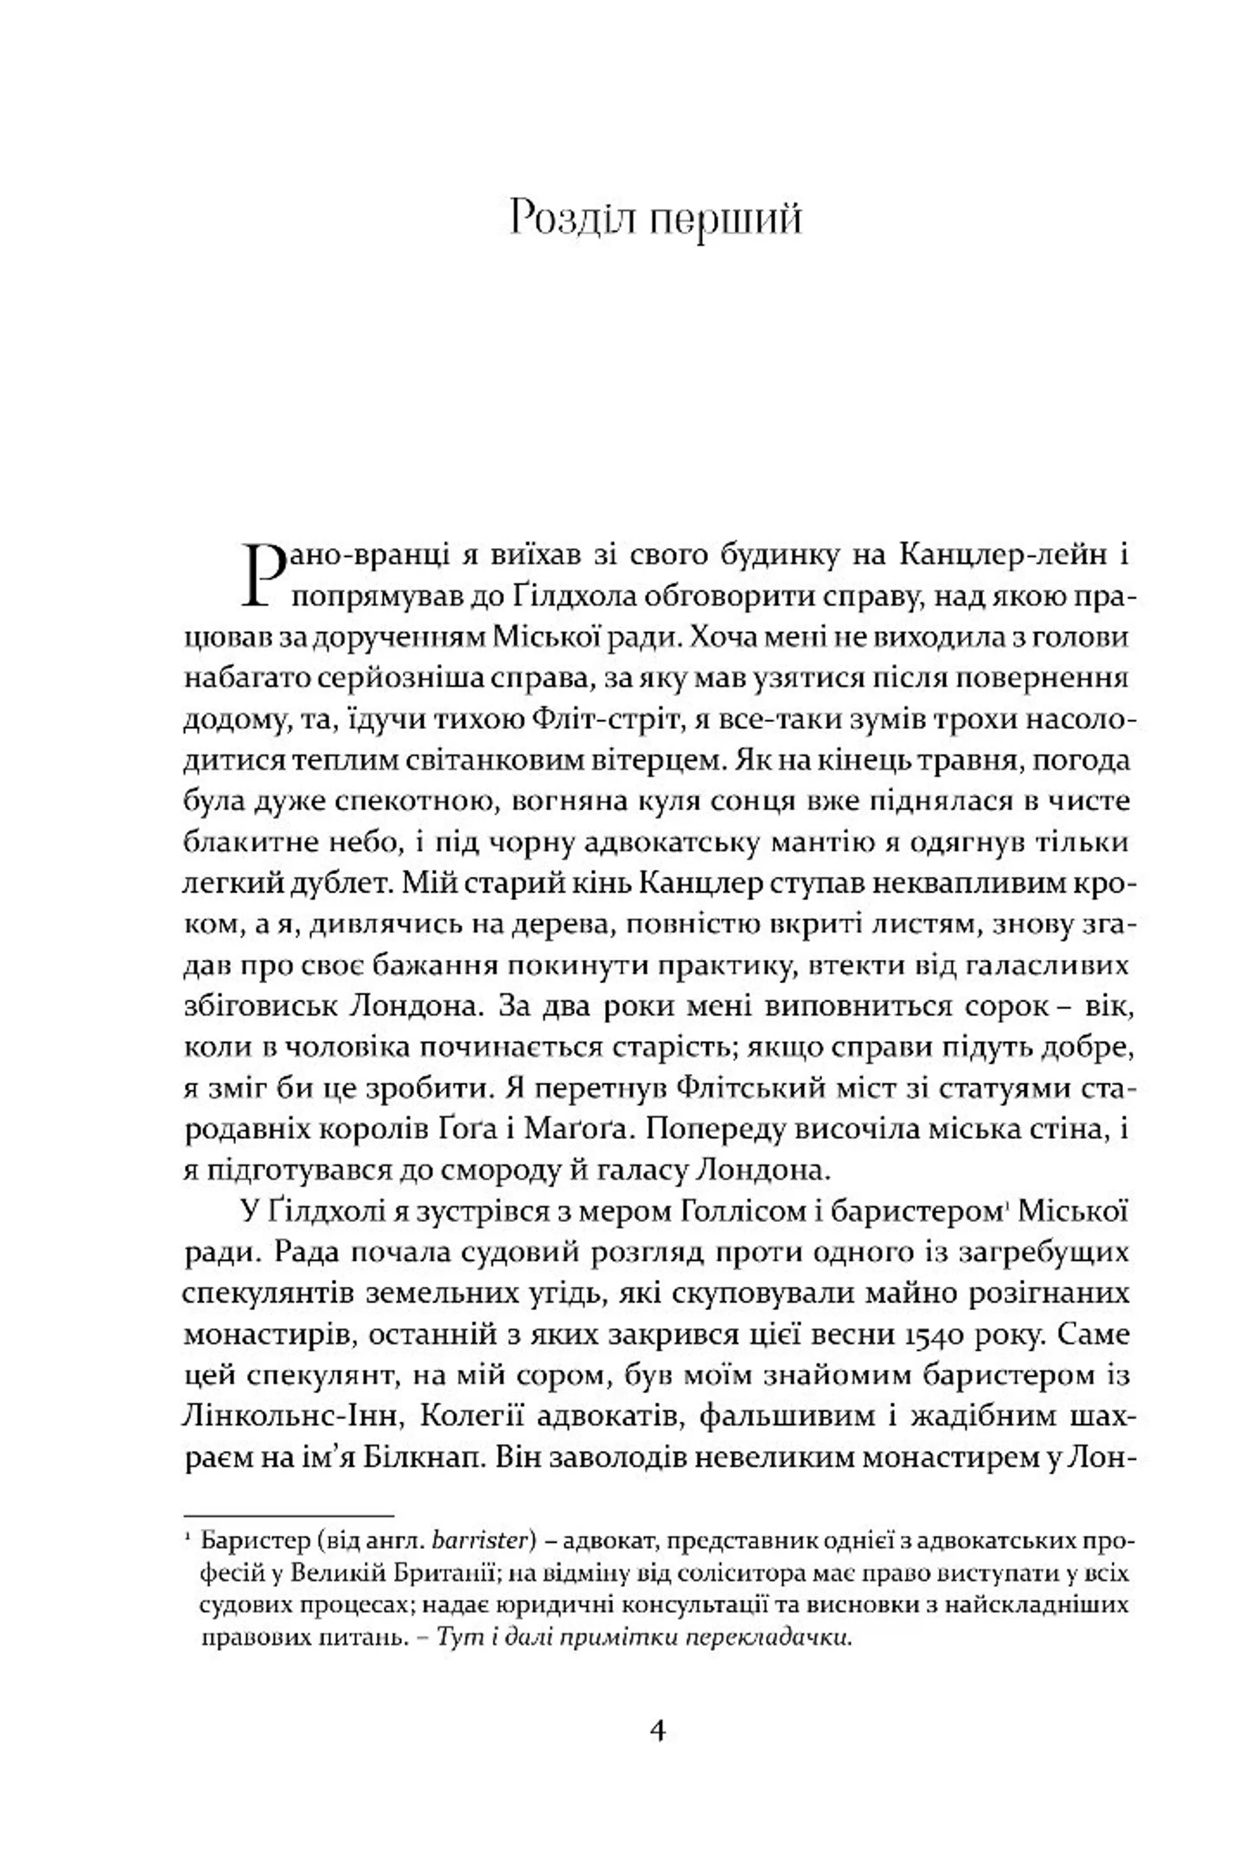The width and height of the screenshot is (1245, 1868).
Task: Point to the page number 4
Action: tap(658, 1730)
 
